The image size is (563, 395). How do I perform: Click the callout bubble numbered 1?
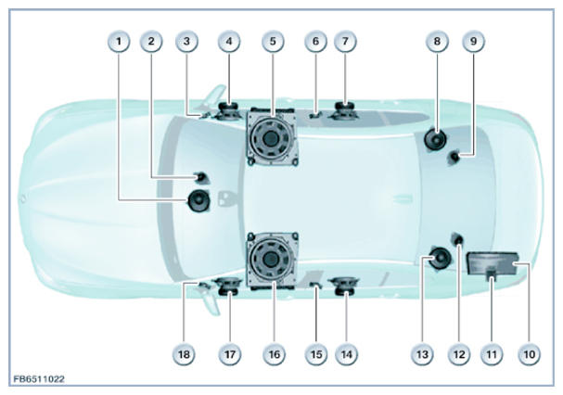119,42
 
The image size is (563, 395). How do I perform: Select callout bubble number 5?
273,42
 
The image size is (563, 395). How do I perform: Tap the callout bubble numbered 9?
474,42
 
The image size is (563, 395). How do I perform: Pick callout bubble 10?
530,354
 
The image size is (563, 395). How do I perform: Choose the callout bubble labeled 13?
422,354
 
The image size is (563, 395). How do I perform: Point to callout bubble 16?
274,354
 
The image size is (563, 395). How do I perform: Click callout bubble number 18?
184,354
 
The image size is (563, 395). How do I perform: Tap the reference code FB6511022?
39,379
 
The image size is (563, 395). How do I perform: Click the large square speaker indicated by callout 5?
273,137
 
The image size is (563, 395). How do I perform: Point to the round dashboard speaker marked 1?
198,201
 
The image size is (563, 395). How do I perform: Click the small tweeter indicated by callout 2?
200,177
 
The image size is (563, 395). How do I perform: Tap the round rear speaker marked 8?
435,140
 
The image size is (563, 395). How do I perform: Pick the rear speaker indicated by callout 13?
440,258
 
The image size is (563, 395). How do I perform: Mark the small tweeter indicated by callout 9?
454,158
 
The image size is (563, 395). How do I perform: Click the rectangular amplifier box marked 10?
493,263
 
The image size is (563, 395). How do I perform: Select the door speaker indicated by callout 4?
228,111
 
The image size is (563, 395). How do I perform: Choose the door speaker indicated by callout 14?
345,287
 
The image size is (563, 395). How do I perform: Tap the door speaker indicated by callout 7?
344,110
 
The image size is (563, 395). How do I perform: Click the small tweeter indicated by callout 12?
457,239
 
